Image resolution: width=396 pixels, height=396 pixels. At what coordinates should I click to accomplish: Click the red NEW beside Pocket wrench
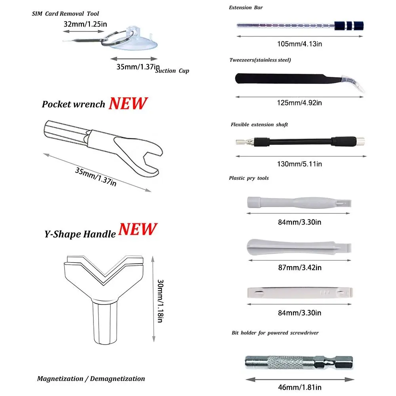click(128, 103)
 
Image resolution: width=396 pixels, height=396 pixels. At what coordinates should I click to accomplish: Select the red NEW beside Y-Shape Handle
click(138, 229)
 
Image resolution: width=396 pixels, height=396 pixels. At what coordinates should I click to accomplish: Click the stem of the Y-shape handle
click(105, 323)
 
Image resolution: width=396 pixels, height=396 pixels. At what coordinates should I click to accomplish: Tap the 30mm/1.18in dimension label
click(160, 301)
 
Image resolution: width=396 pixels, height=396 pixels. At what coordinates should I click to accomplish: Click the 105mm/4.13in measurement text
click(299, 44)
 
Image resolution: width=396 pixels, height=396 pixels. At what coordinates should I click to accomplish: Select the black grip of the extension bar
click(349, 26)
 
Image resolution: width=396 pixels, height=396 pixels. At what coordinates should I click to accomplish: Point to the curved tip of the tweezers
click(354, 83)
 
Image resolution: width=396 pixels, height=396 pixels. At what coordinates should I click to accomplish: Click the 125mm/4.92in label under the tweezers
click(299, 103)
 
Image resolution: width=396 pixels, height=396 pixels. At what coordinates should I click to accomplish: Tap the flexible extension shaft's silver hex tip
click(242, 142)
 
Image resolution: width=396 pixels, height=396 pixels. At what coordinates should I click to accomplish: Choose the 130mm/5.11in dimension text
click(299, 164)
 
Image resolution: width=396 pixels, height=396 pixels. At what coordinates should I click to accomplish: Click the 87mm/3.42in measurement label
click(300, 267)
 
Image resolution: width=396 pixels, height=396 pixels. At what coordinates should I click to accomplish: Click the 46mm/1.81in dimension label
click(300, 387)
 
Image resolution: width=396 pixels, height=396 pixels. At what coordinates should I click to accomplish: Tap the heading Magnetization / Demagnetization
click(91, 379)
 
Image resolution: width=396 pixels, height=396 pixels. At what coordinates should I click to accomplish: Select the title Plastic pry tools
click(249, 178)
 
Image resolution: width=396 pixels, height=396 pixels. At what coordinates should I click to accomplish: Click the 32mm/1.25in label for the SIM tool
click(85, 24)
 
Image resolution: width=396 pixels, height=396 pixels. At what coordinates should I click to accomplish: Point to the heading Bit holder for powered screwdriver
click(275, 333)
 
